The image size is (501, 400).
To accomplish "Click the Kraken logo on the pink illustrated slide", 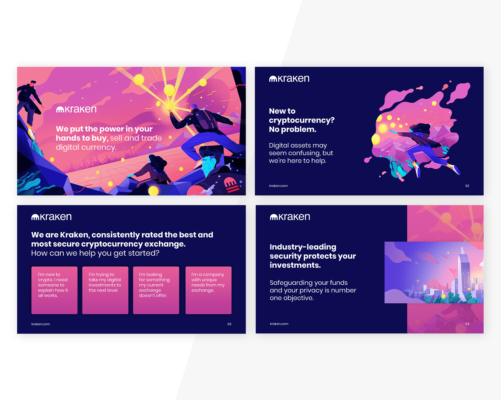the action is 76,109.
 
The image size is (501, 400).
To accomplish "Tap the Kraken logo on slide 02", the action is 289,79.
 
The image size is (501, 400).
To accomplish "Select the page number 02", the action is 467,186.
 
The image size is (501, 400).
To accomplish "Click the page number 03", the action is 229,324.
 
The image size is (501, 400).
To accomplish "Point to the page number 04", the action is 467,324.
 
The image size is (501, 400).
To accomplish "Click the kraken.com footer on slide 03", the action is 41,324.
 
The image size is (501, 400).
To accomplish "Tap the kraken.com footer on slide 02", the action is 278,186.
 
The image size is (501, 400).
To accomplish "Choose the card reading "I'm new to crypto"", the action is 54,290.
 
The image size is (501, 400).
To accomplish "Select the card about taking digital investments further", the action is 105,290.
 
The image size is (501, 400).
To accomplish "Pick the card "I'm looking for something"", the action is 156,290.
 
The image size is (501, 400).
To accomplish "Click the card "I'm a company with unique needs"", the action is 209,290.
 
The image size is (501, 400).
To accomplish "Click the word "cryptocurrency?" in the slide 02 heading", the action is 302,120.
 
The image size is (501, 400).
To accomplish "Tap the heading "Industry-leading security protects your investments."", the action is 313,256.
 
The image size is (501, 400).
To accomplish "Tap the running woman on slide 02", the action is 426,148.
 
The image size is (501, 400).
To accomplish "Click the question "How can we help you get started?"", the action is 95,253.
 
